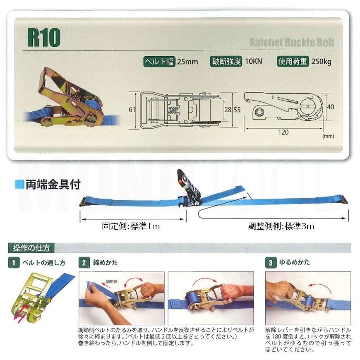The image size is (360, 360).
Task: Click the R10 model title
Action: pyautogui.click(x=44, y=38)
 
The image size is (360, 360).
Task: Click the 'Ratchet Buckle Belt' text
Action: pyautogui.click(x=291, y=42)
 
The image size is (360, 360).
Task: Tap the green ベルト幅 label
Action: pyautogui.click(x=159, y=62)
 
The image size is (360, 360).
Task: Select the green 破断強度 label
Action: pyautogui.click(x=226, y=62)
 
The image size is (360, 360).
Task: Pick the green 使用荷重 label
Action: pyautogui.click(x=293, y=62)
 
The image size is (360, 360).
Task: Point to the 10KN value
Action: pyautogui.click(x=253, y=62)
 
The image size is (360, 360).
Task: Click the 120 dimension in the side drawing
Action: pyautogui.click(x=283, y=132)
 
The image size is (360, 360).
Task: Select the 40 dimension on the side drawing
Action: pyautogui.click(x=331, y=106)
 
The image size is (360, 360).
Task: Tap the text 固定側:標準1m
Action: pyautogui.click(x=131, y=226)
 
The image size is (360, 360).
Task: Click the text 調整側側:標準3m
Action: pyautogui.click(x=281, y=226)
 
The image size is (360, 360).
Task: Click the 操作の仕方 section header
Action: pyautogui.click(x=31, y=248)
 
